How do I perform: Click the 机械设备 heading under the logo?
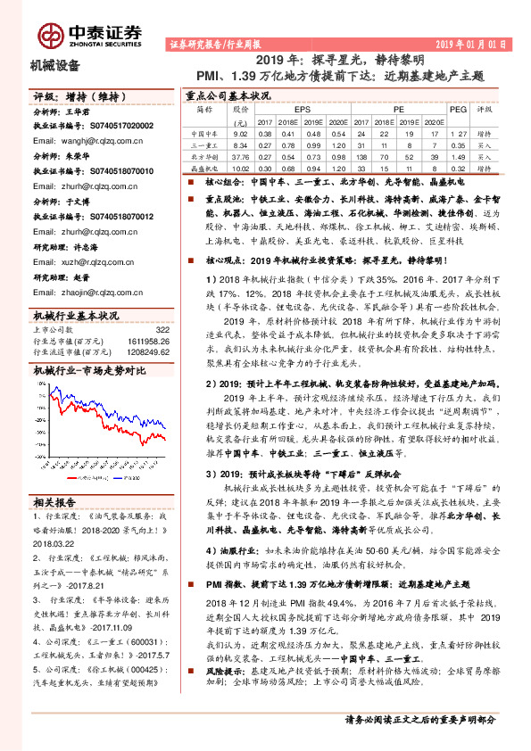[55, 65]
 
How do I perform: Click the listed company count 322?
[162, 329]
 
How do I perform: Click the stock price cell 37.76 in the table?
[239, 155]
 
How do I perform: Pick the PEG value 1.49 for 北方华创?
[458, 155]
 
